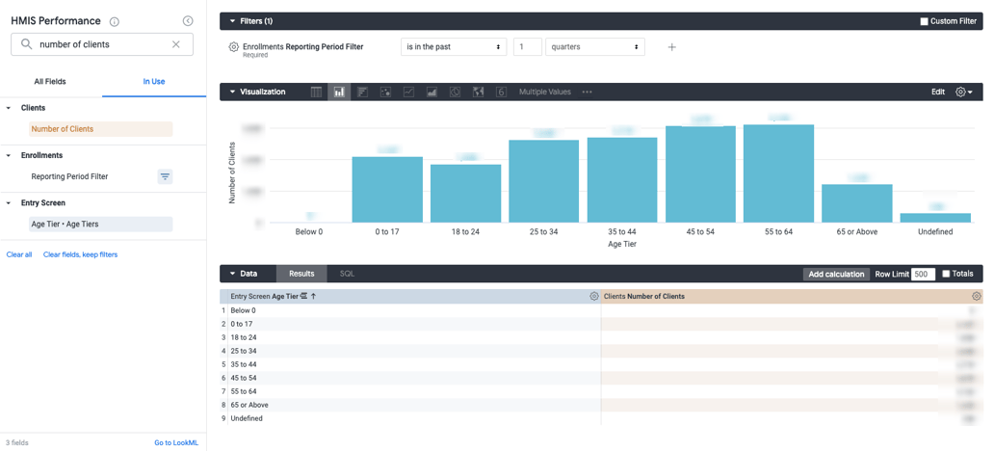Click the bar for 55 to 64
(778, 174)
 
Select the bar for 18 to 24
(465, 194)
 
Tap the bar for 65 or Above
(856, 203)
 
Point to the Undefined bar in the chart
(934, 218)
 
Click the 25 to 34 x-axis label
(543, 232)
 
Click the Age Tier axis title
(621, 245)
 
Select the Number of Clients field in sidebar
(63, 129)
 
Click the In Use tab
(154, 82)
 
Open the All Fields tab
(50, 82)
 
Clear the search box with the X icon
(176, 44)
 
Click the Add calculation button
(836, 275)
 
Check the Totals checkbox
(946, 275)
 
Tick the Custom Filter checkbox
(924, 21)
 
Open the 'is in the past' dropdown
(454, 47)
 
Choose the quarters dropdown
(594, 47)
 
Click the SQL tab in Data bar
(347, 275)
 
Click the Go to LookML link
(176, 443)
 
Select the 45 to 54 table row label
(244, 379)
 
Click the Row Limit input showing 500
(922, 275)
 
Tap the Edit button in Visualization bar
(937, 93)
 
